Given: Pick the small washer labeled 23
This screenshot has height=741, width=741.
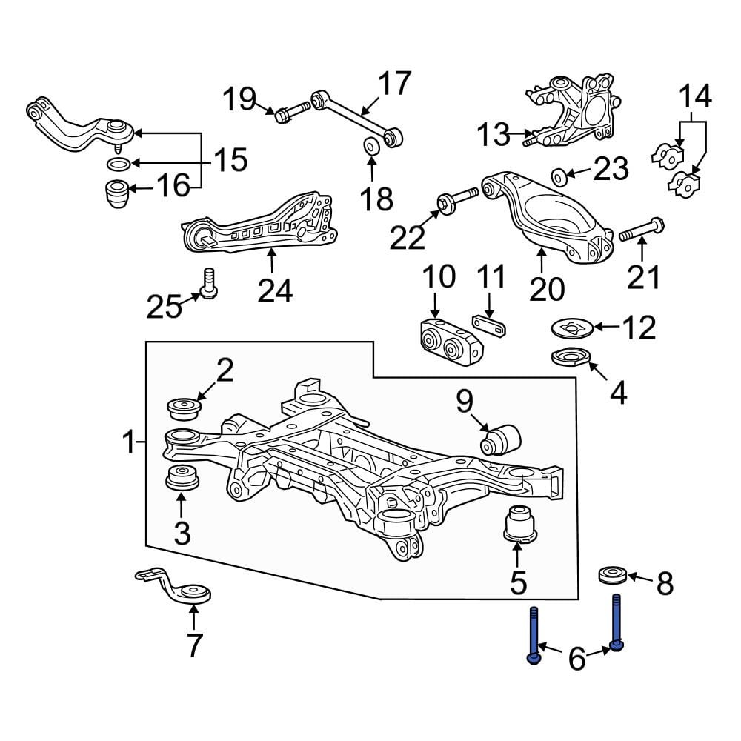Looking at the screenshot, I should click(x=561, y=176).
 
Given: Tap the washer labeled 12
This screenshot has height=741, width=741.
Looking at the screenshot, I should click(x=572, y=326).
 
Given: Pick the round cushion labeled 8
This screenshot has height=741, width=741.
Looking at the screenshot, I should click(x=612, y=575).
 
